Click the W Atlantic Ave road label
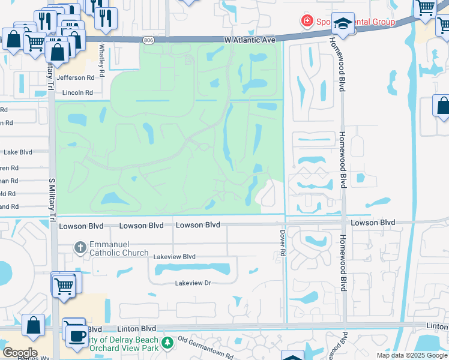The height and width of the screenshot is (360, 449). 250,40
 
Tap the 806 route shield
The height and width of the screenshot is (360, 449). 148,40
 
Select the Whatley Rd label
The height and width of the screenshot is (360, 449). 102,57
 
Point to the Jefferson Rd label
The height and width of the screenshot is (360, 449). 75,77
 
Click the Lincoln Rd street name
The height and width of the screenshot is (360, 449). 77,93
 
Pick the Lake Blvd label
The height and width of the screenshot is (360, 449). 17,152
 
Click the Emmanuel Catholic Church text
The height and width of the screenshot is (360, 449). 119,248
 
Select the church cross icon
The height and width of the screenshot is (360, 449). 80,247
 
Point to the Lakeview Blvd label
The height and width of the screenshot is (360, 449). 175,256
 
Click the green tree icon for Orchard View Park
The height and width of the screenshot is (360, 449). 168,343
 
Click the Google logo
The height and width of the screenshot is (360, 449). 19,353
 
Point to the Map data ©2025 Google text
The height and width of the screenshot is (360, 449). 411,355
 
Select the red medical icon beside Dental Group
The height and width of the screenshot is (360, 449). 307,22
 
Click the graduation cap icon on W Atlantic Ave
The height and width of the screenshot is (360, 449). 343,23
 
